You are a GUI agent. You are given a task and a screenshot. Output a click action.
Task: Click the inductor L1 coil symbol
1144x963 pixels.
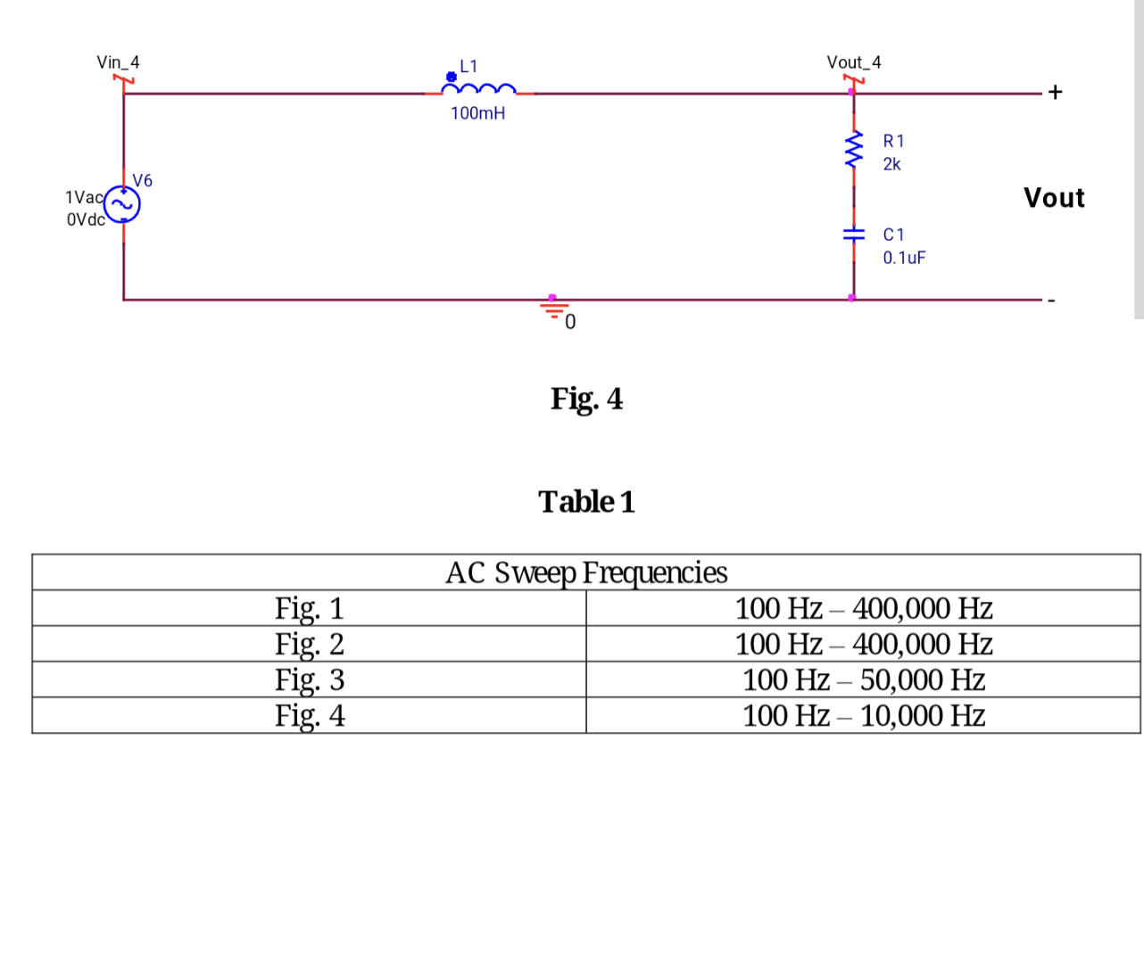click(x=479, y=89)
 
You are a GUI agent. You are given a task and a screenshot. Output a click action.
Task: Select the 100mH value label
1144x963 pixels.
click(x=477, y=113)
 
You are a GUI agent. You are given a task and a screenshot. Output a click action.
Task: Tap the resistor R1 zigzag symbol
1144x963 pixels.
click(x=854, y=148)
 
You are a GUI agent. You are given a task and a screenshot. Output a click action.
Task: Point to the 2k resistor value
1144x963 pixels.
click(x=891, y=164)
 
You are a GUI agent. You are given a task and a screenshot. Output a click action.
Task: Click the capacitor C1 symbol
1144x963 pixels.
click(x=854, y=235)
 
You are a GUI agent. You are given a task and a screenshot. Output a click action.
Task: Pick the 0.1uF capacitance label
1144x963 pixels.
click(x=904, y=258)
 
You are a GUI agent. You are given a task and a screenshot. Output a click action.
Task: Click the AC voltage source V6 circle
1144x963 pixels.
click(x=122, y=204)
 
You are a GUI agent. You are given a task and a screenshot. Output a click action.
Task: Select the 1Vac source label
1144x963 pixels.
click(x=84, y=197)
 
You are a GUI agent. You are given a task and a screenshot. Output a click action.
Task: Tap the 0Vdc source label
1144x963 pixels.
click(x=86, y=219)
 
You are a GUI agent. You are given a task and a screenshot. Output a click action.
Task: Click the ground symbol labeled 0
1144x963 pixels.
click(x=554, y=309)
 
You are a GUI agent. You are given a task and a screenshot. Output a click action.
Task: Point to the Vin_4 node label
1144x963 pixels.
click(x=118, y=62)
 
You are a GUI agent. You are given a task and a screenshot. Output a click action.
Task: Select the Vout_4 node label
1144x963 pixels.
click(x=853, y=62)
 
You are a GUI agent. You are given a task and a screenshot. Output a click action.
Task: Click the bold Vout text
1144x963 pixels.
click(x=1054, y=198)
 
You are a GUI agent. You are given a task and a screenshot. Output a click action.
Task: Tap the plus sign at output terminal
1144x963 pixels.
click(x=1056, y=92)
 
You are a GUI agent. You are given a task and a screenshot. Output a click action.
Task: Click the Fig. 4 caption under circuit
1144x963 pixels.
click(x=586, y=399)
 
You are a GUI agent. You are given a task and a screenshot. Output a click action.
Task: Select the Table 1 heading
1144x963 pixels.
click(x=586, y=502)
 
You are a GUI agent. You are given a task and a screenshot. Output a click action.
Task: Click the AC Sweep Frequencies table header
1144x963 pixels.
click(x=586, y=572)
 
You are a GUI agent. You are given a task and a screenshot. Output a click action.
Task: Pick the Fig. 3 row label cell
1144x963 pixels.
click(x=309, y=679)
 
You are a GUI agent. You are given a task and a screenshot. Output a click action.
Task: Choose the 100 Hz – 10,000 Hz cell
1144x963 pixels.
click(x=863, y=715)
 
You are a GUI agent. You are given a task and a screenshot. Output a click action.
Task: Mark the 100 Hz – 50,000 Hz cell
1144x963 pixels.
click(x=863, y=679)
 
